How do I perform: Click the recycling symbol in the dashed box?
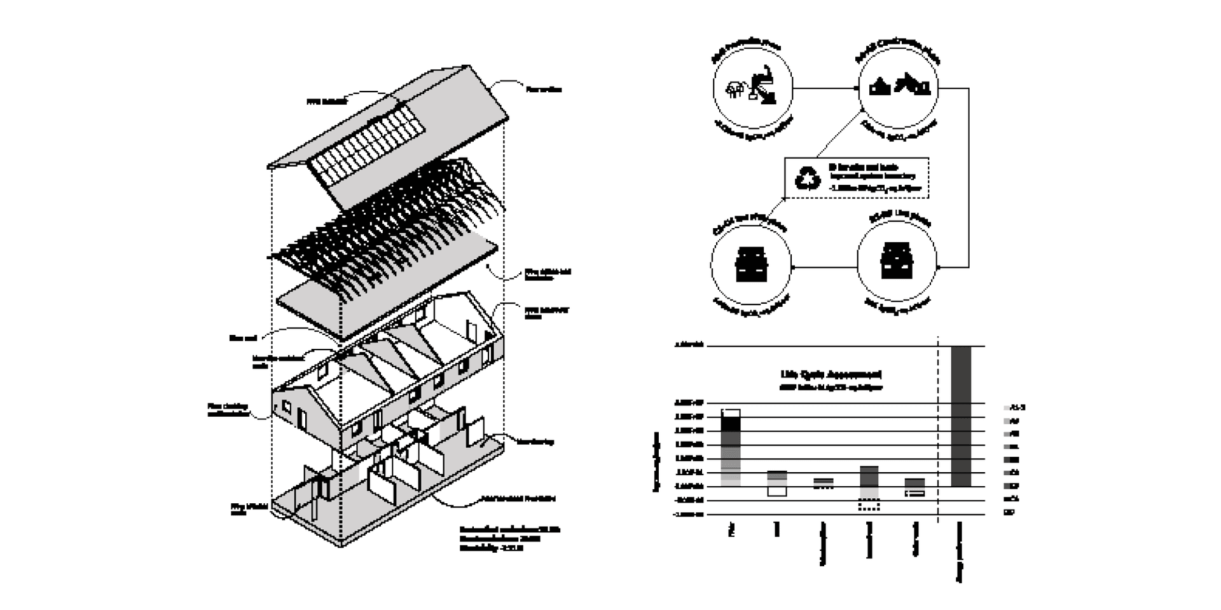click(808, 178)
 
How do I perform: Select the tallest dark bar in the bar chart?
click(961, 416)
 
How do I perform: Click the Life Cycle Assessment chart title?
click(831, 374)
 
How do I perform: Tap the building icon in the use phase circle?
click(897, 261)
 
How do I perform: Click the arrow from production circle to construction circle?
click(825, 88)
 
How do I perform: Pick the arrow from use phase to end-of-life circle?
click(824, 267)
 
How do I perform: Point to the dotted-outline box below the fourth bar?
click(869, 506)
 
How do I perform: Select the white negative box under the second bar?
click(776, 491)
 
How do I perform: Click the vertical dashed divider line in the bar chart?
click(939, 432)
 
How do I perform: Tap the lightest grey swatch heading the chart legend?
click(1006, 408)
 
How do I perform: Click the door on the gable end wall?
click(301, 418)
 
